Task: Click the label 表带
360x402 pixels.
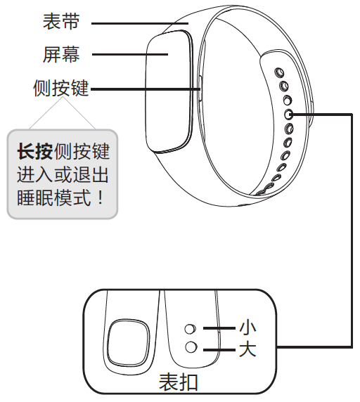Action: tap(61, 22)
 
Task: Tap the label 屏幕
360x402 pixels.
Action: tap(61, 54)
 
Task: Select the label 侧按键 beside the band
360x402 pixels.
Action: tap(61, 88)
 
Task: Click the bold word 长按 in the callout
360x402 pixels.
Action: tap(35, 152)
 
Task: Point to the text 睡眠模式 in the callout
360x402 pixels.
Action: tap(54, 197)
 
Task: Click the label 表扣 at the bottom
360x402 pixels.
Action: tap(178, 382)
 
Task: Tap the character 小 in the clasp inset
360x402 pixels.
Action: tap(247, 328)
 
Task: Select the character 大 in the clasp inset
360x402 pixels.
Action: tap(247, 349)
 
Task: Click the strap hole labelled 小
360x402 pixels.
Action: tap(191, 329)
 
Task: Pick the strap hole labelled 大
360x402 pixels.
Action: tap(191, 347)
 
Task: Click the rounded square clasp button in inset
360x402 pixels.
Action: tap(128, 342)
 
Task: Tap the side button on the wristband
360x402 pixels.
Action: tap(200, 89)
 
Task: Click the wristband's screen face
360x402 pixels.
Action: tap(169, 92)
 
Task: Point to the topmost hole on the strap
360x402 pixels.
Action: tap(279, 73)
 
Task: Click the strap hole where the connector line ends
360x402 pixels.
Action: tap(289, 115)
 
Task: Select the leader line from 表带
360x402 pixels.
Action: tap(140, 24)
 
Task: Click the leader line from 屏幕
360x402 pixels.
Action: tap(130, 54)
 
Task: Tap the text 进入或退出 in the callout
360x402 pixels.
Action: tap(63, 174)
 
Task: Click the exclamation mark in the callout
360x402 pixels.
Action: tap(101, 197)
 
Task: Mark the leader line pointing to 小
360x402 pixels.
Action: tap(219, 328)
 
